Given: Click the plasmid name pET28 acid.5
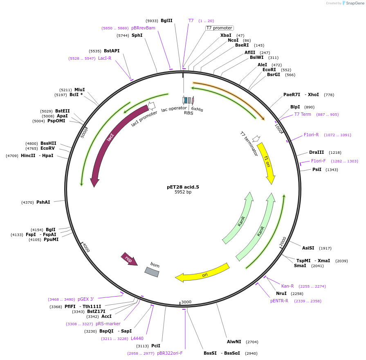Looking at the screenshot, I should click(183, 187).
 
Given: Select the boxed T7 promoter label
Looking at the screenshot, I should click(219, 28).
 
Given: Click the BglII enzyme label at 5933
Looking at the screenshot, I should click(166, 20).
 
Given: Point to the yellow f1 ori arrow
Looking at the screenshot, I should click(267, 162).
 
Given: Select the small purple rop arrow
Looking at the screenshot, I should click(129, 259).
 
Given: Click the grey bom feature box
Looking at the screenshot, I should click(152, 272).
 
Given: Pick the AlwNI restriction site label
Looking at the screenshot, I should click(234, 342).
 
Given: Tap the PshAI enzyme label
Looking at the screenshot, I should click(43, 202).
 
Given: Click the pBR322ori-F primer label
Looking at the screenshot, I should click(170, 353).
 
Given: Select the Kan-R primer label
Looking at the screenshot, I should click(287, 286).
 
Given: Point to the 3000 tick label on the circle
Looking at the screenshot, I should click(186, 302).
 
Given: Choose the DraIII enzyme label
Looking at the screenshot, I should click(317, 153).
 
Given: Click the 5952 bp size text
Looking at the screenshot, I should click(183, 192).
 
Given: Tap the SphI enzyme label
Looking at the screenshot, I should click(137, 36).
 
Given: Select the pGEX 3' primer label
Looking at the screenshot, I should click(86, 299).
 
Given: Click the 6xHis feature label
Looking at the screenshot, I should click(197, 109).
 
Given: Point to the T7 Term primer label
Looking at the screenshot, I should click(303, 114).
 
